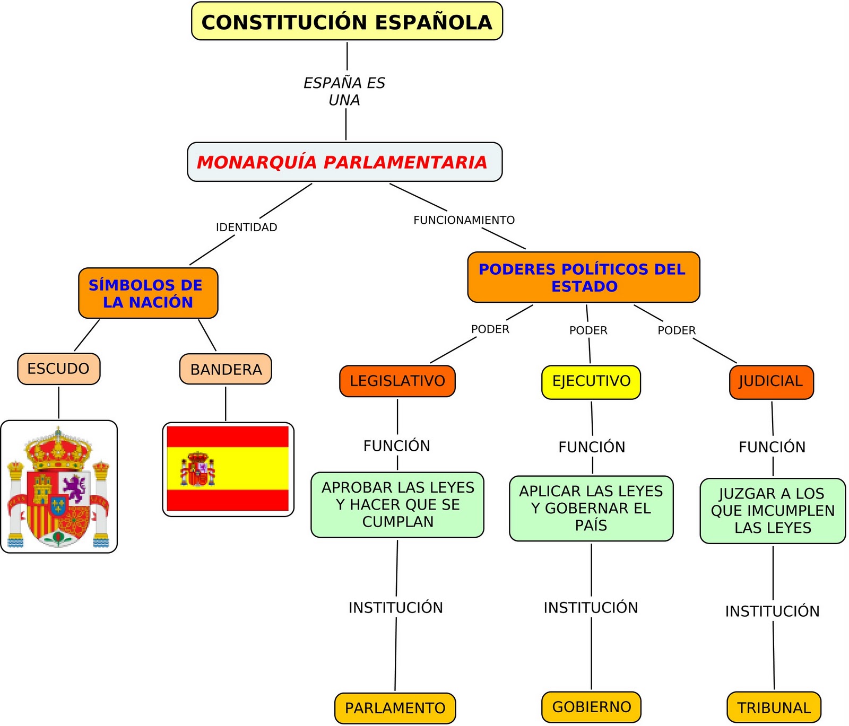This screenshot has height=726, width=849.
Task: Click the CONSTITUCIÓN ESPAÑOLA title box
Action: coord(346,22)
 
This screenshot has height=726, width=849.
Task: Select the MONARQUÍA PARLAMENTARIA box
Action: coord(344,162)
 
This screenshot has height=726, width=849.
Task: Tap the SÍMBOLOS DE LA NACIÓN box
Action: coord(148,293)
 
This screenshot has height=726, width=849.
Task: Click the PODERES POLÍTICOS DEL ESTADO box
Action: coord(583,277)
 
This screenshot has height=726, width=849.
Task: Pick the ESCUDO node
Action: coord(58,369)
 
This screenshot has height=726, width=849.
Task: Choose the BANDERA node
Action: coord(226,369)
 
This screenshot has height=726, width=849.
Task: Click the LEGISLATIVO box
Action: coord(397,381)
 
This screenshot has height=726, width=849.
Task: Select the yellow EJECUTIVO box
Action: coord(591,382)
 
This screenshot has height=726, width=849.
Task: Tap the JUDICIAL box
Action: coord(771,382)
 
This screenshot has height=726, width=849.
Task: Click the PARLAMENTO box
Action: coord(395,708)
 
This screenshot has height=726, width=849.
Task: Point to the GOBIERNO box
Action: coord(591,707)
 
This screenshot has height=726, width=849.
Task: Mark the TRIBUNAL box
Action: coord(774,707)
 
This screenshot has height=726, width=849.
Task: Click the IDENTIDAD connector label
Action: coord(246,228)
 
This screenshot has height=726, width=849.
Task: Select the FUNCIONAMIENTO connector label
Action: coord(464,220)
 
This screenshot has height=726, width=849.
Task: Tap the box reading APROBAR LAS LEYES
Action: coord(397,504)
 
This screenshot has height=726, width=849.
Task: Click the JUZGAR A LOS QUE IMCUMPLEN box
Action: coord(773,511)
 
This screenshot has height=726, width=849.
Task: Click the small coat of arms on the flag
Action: coord(198,470)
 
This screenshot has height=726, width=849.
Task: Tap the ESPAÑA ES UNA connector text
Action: coord(344,91)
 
